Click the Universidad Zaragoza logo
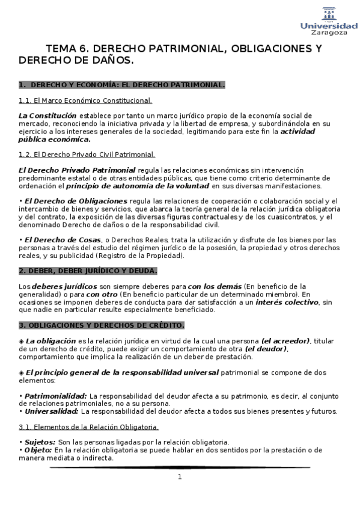(328, 22)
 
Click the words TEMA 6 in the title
(68, 49)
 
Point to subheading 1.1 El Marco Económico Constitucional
(85, 100)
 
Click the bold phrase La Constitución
(47, 115)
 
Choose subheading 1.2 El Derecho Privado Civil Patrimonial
(87, 155)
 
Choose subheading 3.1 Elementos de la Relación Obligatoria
(88, 427)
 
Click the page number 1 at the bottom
(179, 477)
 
